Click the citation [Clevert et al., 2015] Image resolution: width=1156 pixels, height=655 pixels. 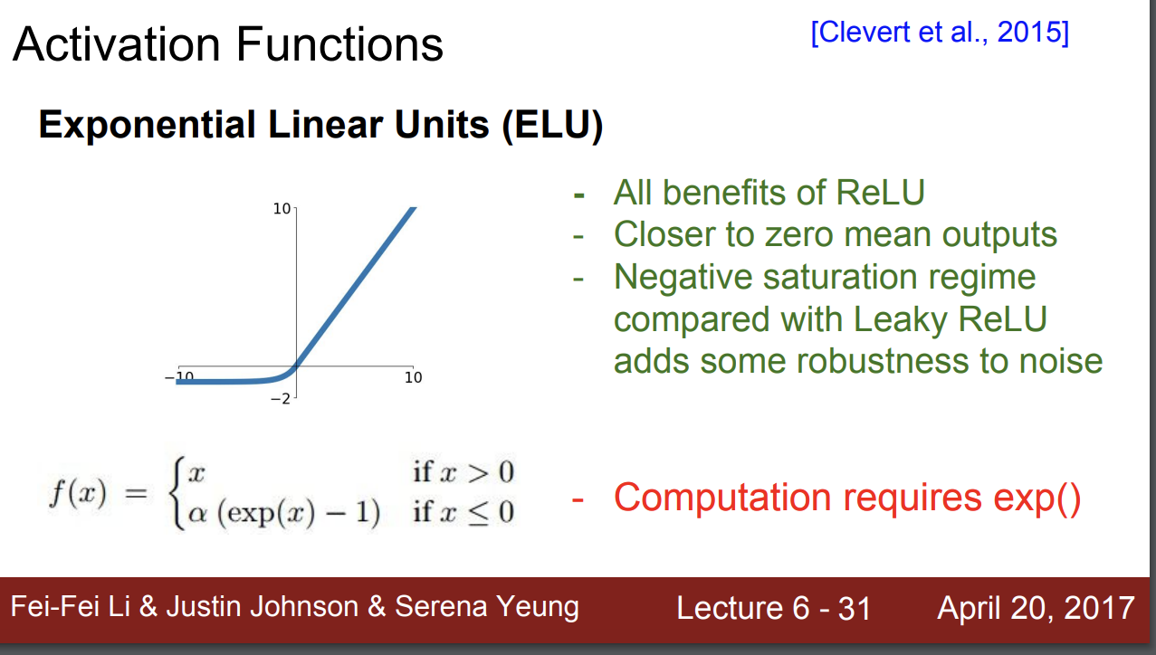(x=940, y=33)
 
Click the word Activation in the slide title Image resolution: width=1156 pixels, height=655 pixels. (x=117, y=45)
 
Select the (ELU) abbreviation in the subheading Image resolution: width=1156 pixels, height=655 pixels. (x=553, y=126)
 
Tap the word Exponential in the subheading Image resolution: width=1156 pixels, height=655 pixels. (x=147, y=126)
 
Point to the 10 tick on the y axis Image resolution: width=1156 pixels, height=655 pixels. (x=282, y=208)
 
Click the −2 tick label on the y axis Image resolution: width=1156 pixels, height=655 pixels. (x=281, y=399)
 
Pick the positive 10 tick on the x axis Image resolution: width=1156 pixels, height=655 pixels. (x=414, y=377)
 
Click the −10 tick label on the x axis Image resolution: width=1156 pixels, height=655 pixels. (x=179, y=377)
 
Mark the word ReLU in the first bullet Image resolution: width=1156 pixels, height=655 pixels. (x=880, y=193)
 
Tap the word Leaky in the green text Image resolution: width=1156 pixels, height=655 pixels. (x=900, y=320)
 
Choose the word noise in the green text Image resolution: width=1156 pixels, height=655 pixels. (x=1061, y=361)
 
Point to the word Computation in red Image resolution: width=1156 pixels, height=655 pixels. (x=722, y=498)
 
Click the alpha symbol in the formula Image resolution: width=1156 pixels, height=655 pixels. (x=196, y=514)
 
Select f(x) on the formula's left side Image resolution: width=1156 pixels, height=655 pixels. (x=78, y=493)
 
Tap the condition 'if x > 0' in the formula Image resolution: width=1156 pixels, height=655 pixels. (x=463, y=472)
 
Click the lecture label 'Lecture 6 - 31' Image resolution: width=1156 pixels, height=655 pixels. (x=774, y=608)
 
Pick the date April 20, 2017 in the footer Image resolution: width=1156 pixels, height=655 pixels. (x=1036, y=609)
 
